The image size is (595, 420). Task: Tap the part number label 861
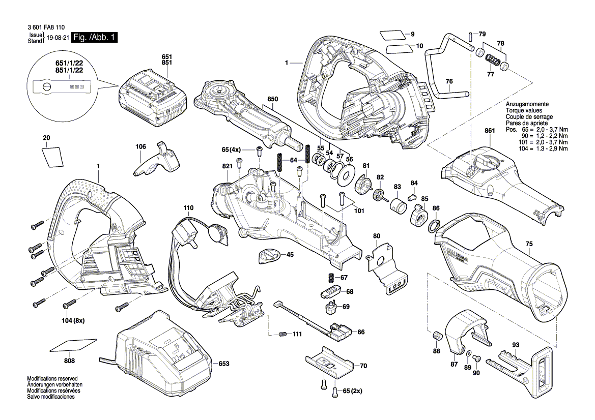click(x=490, y=131)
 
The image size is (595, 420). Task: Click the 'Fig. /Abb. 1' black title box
click(x=95, y=38)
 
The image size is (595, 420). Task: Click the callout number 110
click(x=188, y=208)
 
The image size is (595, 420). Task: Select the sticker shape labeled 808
click(x=74, y=345)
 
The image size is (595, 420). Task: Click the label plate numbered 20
click(x=52, y=156)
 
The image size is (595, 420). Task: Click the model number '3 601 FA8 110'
click(x=44, y=29)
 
